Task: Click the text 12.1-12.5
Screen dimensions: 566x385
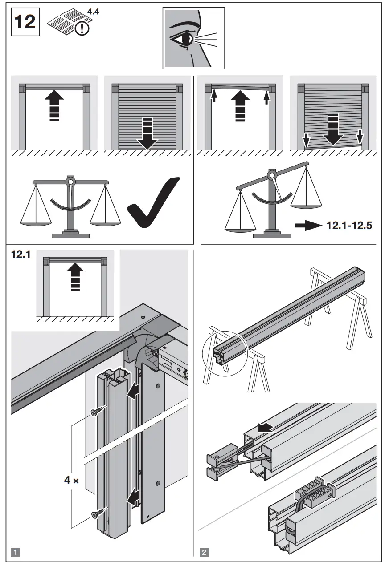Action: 349,226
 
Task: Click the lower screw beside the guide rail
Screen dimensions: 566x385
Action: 96,514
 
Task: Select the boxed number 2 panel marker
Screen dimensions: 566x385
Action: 204,553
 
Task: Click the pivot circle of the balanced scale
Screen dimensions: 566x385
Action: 70,182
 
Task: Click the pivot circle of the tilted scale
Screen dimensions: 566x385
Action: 273,174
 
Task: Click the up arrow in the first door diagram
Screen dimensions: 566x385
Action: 54,106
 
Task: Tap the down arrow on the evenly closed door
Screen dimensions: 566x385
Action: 147,133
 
